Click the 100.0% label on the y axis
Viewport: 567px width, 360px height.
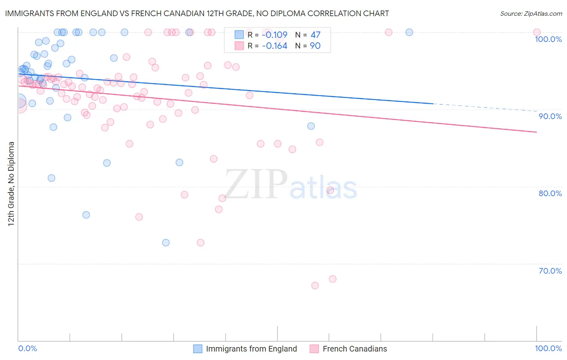point(548,39)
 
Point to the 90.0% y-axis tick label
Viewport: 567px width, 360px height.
point(550,116)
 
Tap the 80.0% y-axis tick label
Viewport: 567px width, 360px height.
point(550,193)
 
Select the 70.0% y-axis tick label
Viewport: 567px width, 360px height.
point(550,271)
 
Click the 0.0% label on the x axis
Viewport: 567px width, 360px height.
point(27,348)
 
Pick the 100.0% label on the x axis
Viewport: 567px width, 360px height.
point(548,348)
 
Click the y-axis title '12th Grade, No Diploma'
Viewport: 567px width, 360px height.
point(11,184)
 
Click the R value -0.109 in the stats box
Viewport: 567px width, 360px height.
point(274,35)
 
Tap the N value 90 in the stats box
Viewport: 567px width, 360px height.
point(315,46)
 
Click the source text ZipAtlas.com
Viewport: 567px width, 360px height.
point(531,13)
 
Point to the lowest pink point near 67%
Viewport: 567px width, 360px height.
point(315,285)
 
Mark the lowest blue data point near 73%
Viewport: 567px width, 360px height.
point(166,243)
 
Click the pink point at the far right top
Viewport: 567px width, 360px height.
point(537,32)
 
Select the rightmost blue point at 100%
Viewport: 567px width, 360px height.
point(409,32)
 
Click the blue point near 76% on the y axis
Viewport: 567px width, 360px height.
point(86,215)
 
